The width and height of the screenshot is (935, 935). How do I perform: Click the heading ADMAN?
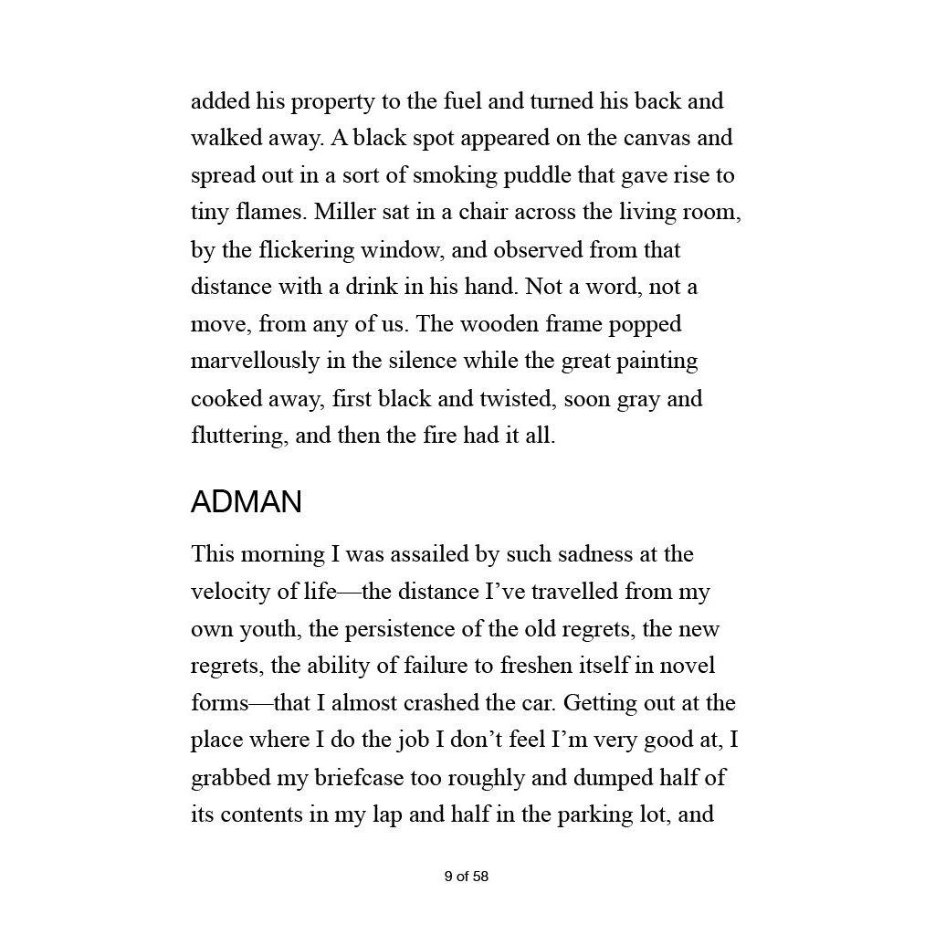[246, 502]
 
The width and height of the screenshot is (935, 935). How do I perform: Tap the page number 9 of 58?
[467, 877]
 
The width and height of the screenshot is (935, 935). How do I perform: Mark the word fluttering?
[239, 436]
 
